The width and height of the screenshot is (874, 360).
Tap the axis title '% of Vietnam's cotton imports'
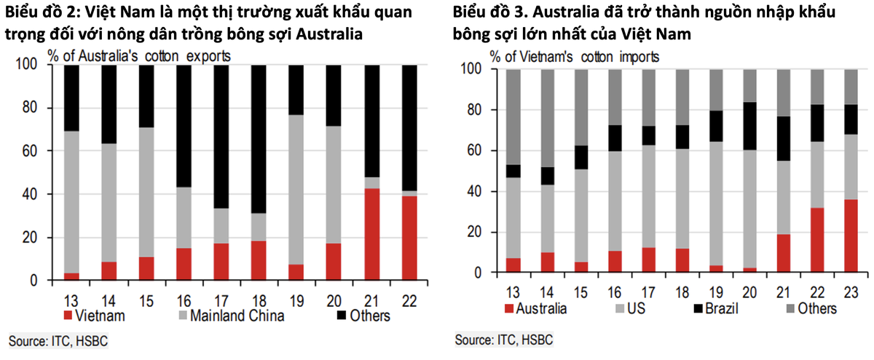pyautogui.click(x=575, y=56)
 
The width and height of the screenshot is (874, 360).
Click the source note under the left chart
pyautogui.click(x=58, y=340)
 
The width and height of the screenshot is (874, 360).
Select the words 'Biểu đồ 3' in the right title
pyautogui.click(x=484, y=14)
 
